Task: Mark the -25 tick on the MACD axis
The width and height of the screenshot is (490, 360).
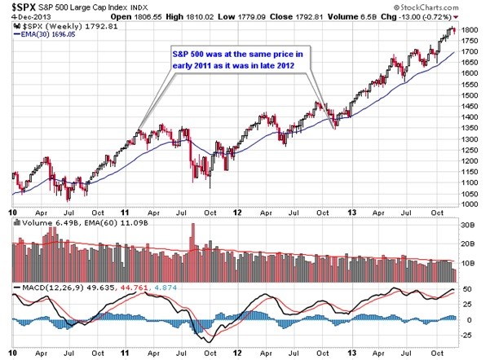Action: (469, 335)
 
